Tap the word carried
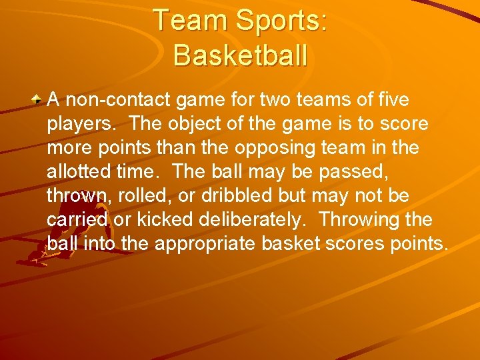coord(76,220)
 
